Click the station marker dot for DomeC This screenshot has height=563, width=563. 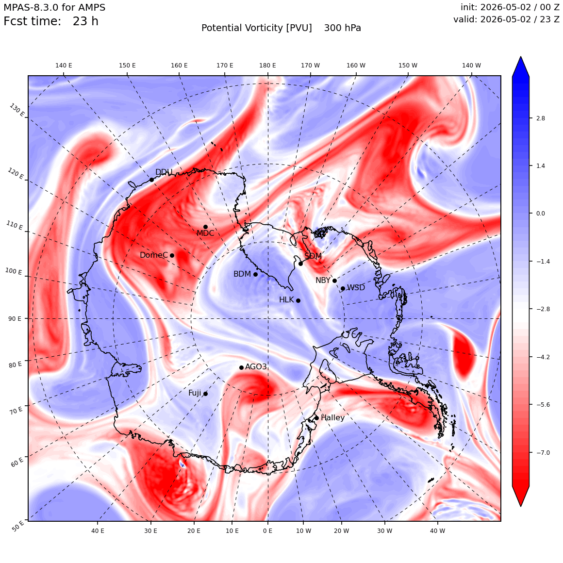[x=172, y=255]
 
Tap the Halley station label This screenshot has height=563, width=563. [x=332, y=417]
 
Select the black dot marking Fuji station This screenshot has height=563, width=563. [x=205, y=394]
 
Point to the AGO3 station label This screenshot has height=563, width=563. [x=256, y=366]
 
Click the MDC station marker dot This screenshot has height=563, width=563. [x=205, y=227]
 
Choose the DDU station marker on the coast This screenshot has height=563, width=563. [x=151, y=180]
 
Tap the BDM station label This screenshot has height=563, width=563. [x=242, y=274]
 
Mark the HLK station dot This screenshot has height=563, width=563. [x=298, y=300]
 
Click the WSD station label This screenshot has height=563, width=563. [x=356, y=288]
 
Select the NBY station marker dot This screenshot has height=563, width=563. [x=334, y=281]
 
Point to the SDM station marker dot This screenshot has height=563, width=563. [x=300, y=264]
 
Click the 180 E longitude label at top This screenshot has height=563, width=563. [x=267, y=66]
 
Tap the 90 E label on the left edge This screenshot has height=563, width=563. [x=15, y=318]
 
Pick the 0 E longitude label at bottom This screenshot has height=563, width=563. [x=267, y=530]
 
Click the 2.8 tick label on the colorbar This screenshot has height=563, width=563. [x=540, y=118]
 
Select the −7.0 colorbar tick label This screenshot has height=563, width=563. [x=543, y=452]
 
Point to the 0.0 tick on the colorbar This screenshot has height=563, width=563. [x=540, y=213]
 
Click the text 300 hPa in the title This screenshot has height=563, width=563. [x=342, y=28]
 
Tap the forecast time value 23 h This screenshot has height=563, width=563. [x=85, y=21]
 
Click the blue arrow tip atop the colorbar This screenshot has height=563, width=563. [x=521, y=57]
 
